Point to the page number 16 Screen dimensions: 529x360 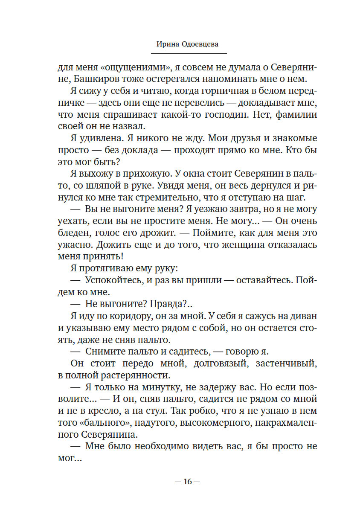(188, 482)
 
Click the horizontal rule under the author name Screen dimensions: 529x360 (189, 53)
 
